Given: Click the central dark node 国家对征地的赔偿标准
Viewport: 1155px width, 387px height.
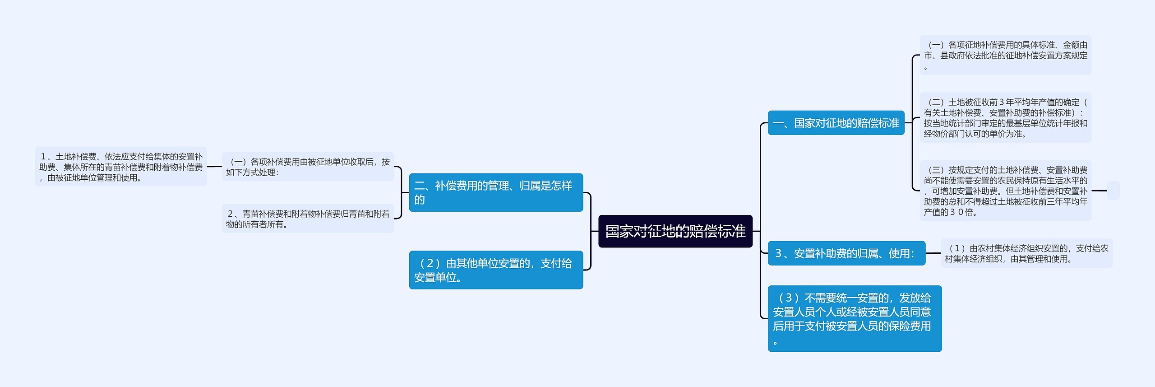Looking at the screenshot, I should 675,231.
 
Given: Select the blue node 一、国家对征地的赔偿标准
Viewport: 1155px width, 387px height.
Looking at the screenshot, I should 836,123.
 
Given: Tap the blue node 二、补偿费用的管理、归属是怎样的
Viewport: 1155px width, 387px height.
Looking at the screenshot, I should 496,192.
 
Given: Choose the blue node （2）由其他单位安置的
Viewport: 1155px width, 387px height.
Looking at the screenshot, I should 496,270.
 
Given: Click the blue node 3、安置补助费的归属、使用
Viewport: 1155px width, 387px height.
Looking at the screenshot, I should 846,253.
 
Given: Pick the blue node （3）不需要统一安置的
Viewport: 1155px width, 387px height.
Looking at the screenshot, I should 855,318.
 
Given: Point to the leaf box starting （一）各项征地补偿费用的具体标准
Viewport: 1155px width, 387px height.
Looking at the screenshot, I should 1006,55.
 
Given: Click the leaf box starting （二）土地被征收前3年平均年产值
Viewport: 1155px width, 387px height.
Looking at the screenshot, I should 1006,118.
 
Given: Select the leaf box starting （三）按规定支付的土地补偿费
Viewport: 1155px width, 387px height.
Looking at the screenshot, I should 1006,191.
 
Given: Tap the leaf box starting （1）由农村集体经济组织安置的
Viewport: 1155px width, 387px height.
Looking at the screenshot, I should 1026,253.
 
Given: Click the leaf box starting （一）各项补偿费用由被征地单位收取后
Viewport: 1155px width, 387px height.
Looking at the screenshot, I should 308,167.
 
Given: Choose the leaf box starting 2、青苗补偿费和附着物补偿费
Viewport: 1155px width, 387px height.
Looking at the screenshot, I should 308,219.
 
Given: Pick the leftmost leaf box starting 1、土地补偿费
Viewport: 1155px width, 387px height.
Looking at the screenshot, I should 121,167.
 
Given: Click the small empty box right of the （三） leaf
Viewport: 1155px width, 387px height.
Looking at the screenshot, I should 1113,191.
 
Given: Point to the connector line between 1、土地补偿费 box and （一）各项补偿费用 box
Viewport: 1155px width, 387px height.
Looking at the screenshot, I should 214,167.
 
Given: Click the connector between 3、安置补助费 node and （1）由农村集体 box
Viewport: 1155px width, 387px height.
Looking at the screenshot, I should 933,253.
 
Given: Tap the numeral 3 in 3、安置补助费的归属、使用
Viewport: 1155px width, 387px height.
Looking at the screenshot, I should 778,253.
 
